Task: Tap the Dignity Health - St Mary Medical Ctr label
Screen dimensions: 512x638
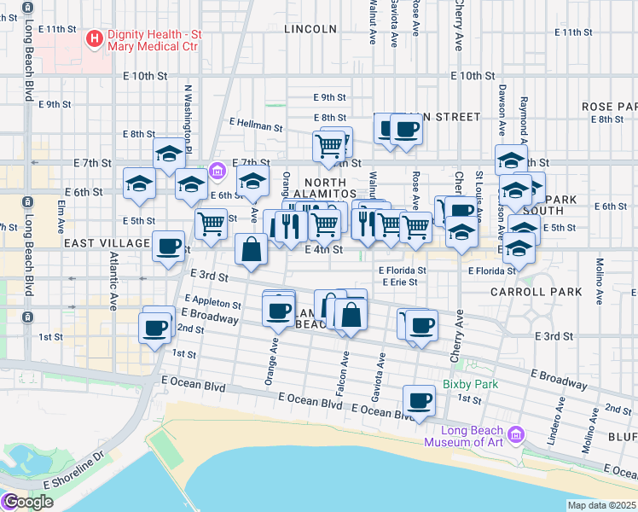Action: click(152, 39)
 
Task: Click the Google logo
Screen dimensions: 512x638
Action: click(27, 502)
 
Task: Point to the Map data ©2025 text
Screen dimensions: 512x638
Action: click(601, 505)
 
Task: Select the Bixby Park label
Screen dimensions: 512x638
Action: click(470, 384)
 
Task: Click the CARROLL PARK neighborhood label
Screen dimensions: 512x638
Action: click(536, 292)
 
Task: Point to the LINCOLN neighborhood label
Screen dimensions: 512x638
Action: click(304, 28)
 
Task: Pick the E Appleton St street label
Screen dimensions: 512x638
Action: click(212, 303)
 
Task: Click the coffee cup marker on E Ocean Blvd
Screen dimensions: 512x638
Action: click(418, 400)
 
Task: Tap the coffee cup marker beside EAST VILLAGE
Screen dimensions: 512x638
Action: click(168, 247)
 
